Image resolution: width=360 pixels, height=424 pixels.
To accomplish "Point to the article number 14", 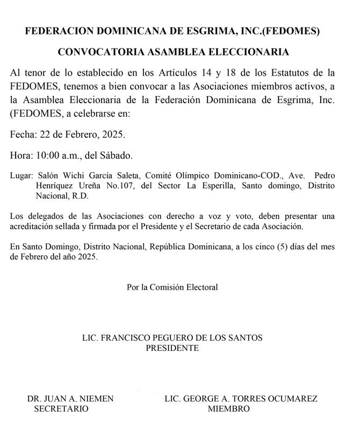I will pos(215,73).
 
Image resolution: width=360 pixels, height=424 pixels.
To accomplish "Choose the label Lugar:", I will pos(21,176).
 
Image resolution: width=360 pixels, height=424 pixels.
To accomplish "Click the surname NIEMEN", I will pos(96,399).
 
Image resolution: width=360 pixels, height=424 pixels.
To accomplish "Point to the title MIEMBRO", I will pos(229,408).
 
